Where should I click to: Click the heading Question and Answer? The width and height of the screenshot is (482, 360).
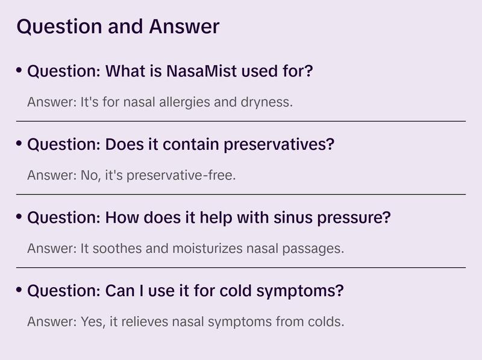118,26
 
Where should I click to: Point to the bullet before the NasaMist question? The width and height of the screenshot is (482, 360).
19,71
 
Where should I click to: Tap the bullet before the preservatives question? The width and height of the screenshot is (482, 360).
19,144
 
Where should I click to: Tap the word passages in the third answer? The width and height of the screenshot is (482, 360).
316,248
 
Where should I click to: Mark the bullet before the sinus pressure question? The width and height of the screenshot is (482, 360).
19,217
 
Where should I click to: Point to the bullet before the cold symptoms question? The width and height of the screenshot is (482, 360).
19,291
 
